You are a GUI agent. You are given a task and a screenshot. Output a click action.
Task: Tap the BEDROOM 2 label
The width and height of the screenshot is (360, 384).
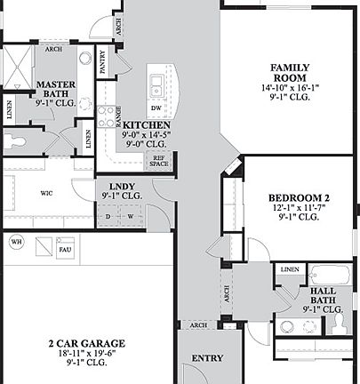pyautogui.click(x=299, y=197)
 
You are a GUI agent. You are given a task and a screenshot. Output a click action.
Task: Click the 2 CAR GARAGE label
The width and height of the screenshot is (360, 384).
pyautogui.click(x=86, y=343)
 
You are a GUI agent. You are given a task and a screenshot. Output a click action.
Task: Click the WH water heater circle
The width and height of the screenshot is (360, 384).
pyautogui.click(x=16, y=242)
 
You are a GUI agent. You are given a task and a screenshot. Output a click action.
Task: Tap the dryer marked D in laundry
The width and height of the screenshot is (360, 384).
pyautogui.click(x=108, y=216)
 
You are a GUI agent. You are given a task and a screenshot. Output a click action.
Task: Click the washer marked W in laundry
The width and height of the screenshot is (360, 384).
pyautogui.click(x=130, y=216)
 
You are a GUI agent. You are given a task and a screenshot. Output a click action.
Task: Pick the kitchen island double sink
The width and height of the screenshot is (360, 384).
pyautogui.click(x=156, y=85)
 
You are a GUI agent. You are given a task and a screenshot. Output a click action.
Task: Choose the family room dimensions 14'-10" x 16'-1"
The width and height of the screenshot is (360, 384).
pyautogui.click(x=294, y=88)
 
